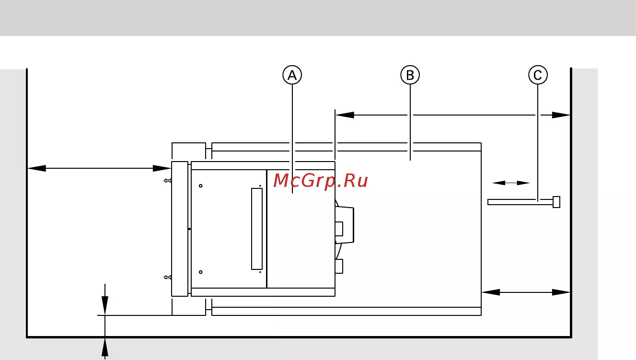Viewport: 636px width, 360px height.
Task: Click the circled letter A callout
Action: pyautogui.click(x=292, y=75)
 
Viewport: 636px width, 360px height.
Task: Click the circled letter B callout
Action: pyautogui.click(x=410, y=75)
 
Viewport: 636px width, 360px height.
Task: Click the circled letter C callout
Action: pyautogui.click(x=538, y=75)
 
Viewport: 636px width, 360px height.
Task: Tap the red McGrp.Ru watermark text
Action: pyautogui.click(x=321, y=181)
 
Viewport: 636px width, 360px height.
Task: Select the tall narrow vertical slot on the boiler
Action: pyautogui.click(x=257, y=229)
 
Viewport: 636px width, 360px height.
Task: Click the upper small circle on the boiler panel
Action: pyautogui.click(x=200, y=186)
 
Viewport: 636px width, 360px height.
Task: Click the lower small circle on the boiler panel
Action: pyautogui.click(x=200, y=272)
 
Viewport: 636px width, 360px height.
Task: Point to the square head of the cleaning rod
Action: pyautogui.click(x=556, y=202)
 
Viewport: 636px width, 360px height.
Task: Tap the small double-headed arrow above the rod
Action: pyautogui.click(x=511, y=183)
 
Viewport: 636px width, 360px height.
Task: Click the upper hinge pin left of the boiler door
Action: pyautogui.click(x=168, y=181)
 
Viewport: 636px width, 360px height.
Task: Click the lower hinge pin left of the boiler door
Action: pyautogui.click(x=168, y=278)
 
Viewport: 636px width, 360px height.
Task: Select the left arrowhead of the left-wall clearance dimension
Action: pyautogui.click(x=37, y=168)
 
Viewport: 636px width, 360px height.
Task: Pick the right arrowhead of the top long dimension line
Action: pyautogui.click(x=561, y=115)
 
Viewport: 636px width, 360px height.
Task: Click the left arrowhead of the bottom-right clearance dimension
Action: pyautogui.click(x=491, y=292)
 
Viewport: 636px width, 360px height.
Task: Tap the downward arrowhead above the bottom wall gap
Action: pyautogui.click(x=105, y=305)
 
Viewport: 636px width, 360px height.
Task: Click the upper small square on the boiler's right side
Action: pyautogui.click(x=339, y=229)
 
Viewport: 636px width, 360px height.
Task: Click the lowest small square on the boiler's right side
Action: pyautogui.click(x=339, y=267)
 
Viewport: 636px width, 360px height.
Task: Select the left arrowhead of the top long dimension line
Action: pyautogui.click(x=345, y=115)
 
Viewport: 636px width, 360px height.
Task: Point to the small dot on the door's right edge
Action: pyautogui.click(x=189, y=229)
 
